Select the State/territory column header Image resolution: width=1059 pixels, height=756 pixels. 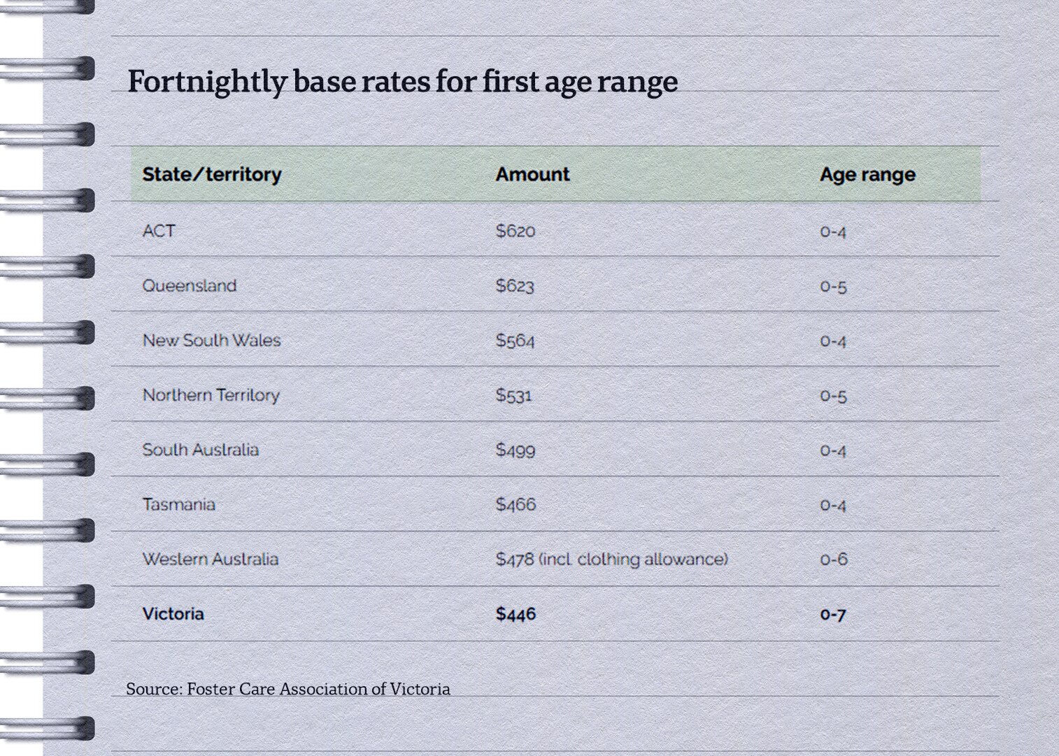pyautogui.click(x=211, y=174)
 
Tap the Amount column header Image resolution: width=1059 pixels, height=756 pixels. pyautogui.click(x=532, y=174)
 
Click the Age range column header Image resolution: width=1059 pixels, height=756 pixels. pyautogui.click(x=867, y=175)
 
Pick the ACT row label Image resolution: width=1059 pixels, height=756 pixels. pyautogui.click(x=159, y=231)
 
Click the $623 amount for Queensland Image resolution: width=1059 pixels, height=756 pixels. pyautogui.click(x=515, y=285)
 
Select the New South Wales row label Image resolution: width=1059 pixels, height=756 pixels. pyautogui.click(x=211, y=341)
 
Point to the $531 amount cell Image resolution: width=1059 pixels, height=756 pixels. pyautogui.click(x=514, y=395)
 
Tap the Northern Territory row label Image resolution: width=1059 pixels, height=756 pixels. pyautogui.click(x=211, y=395)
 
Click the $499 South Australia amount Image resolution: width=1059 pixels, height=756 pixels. pyautogui.click(x=516, y=450)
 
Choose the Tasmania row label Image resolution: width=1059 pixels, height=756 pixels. pyautogui.click(x=178, y=504)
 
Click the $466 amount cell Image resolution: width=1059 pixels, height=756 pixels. pyautogui.click(x=516, y=504)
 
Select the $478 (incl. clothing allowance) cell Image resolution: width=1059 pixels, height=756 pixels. pyautogui.click(x=611, y=559)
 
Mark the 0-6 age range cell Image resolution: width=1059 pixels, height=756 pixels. pyautogui.click(x=833, y=559)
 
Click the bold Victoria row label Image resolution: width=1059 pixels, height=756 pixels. pyautogui.click(x=173, y=613)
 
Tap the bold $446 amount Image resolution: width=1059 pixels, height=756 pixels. pyautogui.click(x=516, y=613)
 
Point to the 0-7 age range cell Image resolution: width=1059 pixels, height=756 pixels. pyautogui.click(x=832, y=615)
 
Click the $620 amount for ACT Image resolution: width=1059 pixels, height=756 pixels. pyautogui.click(x=515, y=231)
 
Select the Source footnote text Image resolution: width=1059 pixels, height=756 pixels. pyautogui.click(x=288, y=689)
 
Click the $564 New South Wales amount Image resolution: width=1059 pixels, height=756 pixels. pyautogui.click(x=515, y=341)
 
